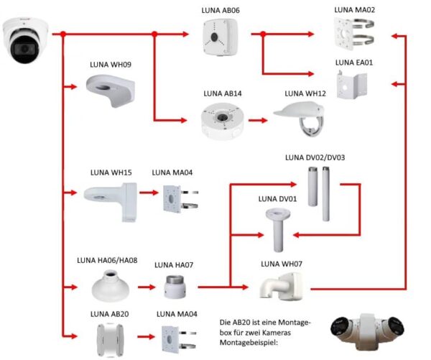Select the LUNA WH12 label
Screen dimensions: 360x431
point(305,93)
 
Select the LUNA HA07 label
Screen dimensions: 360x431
point(174,265)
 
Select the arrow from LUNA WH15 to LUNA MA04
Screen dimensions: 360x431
point(147,193)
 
